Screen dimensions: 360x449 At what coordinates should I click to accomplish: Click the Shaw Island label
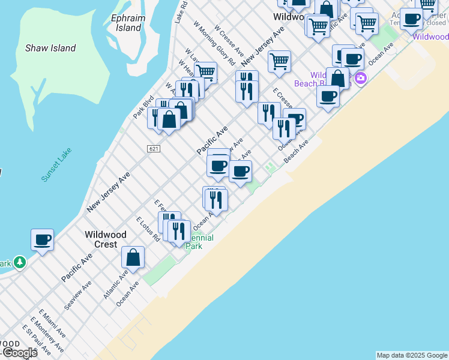(50, 48)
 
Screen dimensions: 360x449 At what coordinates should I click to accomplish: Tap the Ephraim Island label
(128, 23)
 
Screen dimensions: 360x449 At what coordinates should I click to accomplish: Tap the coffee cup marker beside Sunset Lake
(43, 241)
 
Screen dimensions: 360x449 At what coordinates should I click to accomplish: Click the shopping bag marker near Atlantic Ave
(133, 258)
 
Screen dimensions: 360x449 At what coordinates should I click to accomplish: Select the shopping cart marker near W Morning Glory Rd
(205, 72)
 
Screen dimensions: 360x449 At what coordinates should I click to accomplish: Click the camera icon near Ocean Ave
(361, 78)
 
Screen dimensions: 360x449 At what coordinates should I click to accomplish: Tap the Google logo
(19, 353)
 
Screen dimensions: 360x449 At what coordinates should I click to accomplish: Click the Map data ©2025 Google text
(411, 355)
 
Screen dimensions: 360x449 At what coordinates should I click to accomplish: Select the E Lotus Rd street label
(148, 229)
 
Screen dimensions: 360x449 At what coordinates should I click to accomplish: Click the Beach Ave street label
(296, 151)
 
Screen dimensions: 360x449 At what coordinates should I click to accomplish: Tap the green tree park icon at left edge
(20, 262)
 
